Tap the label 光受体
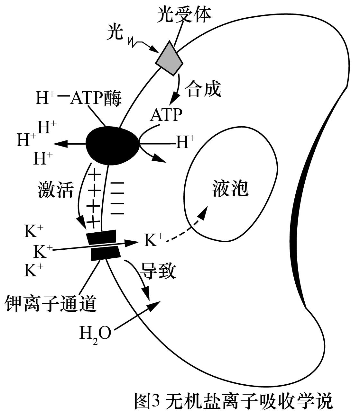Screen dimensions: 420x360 click(x=184, y=14)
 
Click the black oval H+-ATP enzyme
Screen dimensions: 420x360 click(x=112, y=145)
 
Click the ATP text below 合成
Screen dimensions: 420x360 click(x=166, y=114)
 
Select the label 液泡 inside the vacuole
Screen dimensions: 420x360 click(x=230, y=188)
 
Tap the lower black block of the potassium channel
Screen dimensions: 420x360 click(x=106, y=254)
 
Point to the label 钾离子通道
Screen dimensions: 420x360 click(x=51, y=303)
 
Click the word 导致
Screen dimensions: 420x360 click(x=157, y=271)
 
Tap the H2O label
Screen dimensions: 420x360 click(x=95, y=334)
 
